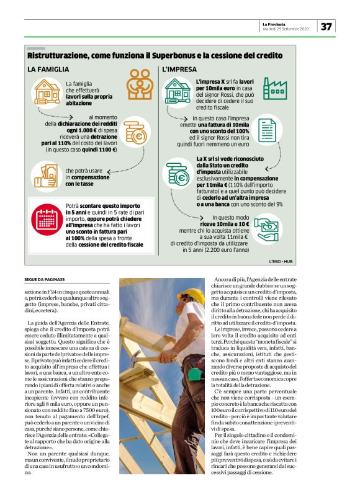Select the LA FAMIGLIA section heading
point(48,69)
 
